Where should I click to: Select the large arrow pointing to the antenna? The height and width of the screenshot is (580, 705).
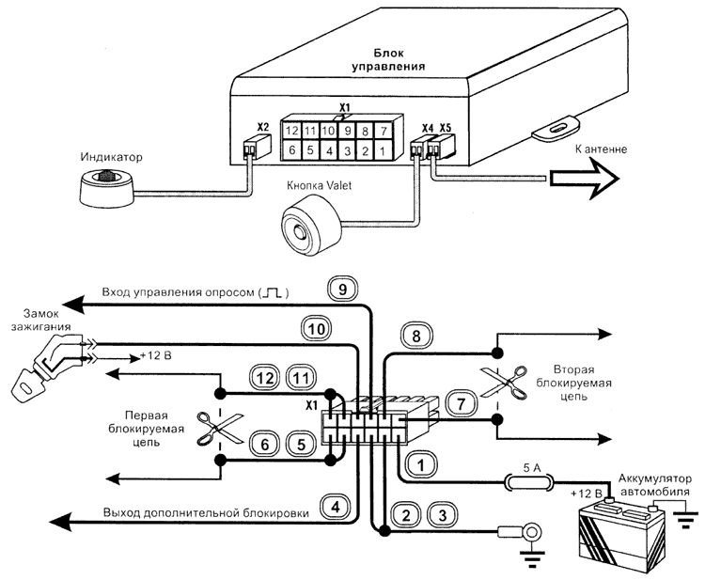coord(581,174)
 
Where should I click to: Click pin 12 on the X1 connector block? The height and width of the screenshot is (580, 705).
coord(292,129)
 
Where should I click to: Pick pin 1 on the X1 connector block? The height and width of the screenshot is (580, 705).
coord(383,149)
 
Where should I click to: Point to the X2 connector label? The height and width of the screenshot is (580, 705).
coord(263,127)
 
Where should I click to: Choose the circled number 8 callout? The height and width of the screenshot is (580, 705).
coord(415,332)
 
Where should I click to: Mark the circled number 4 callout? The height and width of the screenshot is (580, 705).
coord(336,508)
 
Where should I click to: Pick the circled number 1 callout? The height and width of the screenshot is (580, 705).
coord(424,462)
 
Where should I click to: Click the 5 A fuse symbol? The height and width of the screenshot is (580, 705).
coord(528,483)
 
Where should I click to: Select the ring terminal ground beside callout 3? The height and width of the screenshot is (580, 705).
coord(532,534)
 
